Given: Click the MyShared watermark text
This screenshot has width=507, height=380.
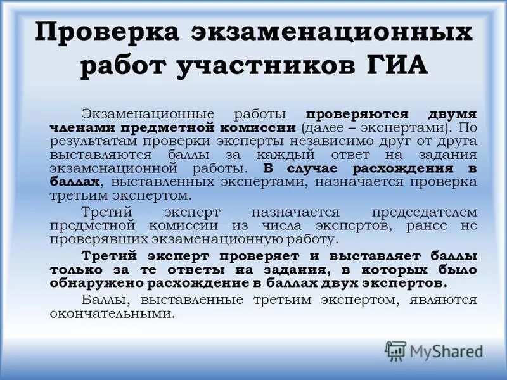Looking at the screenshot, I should pyautogui.click(x=446, y=350).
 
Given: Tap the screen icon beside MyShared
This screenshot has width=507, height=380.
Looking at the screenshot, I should pyautogui.click(x=395, y=350).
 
